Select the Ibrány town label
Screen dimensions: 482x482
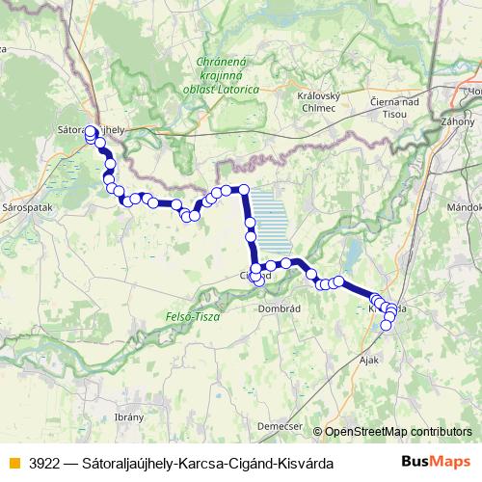128,416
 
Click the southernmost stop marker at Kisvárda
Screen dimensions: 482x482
387,326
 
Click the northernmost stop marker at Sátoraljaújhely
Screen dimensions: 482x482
91,130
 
